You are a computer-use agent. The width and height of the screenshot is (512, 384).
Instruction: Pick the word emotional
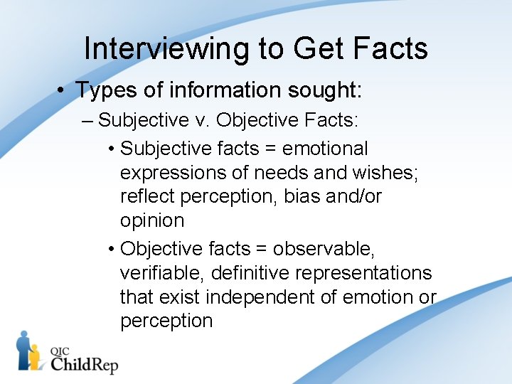325,149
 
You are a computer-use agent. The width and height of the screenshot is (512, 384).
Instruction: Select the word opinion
152,220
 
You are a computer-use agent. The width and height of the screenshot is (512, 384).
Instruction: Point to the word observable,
324,249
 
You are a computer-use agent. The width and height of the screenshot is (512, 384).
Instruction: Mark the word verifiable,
161,273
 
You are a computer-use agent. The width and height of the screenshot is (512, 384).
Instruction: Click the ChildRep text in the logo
84,363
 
